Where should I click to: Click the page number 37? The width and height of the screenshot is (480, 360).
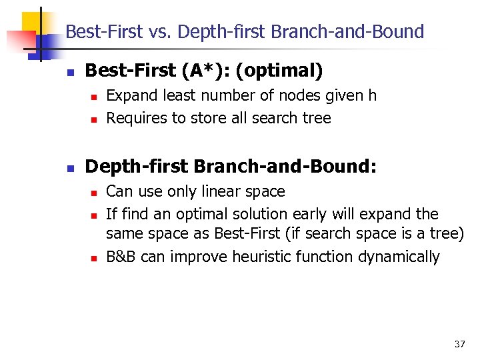tap(459, 344)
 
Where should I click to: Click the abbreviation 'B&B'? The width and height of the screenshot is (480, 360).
tap(121, 257)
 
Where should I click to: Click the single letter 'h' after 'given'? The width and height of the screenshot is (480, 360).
tap(372, 96)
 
